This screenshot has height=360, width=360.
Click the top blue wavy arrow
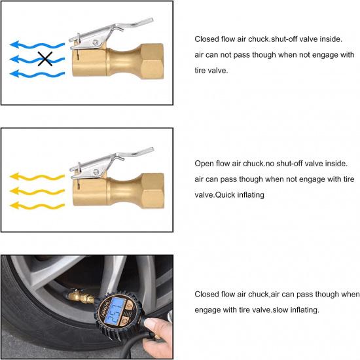(x=36, y=45)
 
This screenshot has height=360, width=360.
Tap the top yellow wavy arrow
(x=36, y=177)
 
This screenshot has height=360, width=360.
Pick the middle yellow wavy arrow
(x=36, y=192)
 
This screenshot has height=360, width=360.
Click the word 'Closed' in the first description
(x=206, y=39)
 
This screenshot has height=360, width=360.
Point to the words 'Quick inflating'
(x=240, y=195)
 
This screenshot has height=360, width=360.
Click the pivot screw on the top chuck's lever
(x=96, y=45)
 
